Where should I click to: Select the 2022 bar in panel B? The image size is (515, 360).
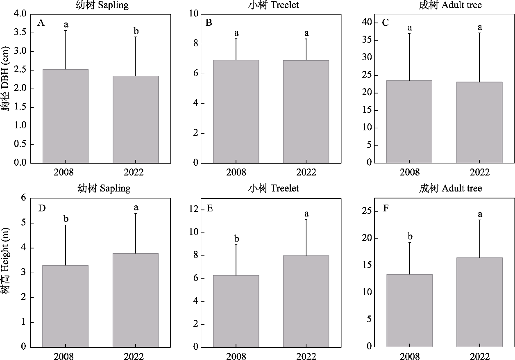[306, 112]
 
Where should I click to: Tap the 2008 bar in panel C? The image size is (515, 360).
[409, 121]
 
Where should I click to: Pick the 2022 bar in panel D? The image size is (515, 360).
[136, 300]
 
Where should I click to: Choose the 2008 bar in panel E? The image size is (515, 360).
[236, 311]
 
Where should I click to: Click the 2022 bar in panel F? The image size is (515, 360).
[479, 302]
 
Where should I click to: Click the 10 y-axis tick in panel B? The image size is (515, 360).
[194, 14]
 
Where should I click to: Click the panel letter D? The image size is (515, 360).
[42, 207]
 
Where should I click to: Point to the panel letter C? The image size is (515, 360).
[385, 23]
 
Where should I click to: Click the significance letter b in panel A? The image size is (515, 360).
[136, 31]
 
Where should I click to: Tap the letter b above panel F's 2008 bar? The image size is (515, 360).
[410, 237]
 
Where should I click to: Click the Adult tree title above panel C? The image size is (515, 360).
[450, 5]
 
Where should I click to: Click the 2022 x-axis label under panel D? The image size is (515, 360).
[136, 356]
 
